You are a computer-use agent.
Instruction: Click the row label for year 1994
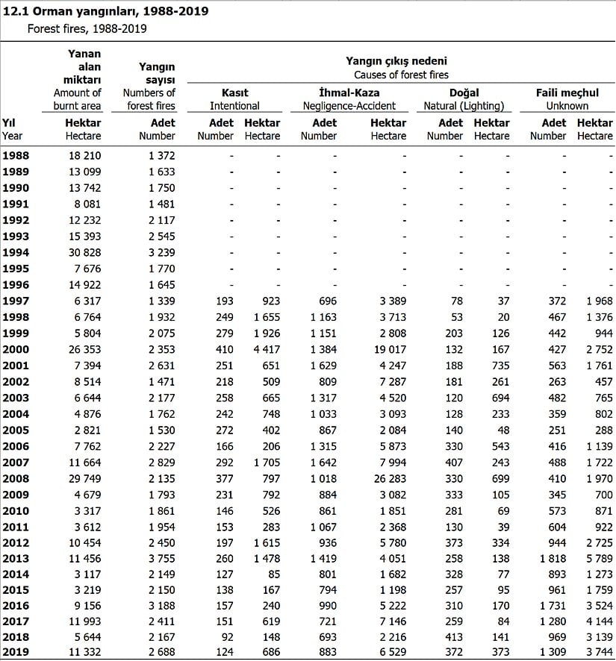pos(16,252)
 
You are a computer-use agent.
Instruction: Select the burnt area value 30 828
pos(84,252)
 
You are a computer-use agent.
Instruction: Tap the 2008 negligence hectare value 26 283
pos(388,478)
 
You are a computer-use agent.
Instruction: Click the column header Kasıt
pos(234,93)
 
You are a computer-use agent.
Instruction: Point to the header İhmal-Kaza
pos(349,93)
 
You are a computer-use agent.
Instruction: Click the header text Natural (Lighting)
pos(464,106)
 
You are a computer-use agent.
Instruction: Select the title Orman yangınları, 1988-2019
pos(107,12)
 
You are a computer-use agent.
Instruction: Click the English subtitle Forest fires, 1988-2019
pos(87,28)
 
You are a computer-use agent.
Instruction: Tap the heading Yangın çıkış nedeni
pos(400,60)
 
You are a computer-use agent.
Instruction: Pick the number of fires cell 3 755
pos(157,559)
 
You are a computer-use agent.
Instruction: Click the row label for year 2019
pos(16,652)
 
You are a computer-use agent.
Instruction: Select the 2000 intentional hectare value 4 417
pos(262,349)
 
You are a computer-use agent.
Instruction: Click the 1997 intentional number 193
pos(222,301)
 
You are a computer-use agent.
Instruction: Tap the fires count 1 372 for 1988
pos(157,155)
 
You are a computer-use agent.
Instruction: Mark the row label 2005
pos(16,430)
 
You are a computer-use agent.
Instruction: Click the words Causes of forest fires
pos(400,75)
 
